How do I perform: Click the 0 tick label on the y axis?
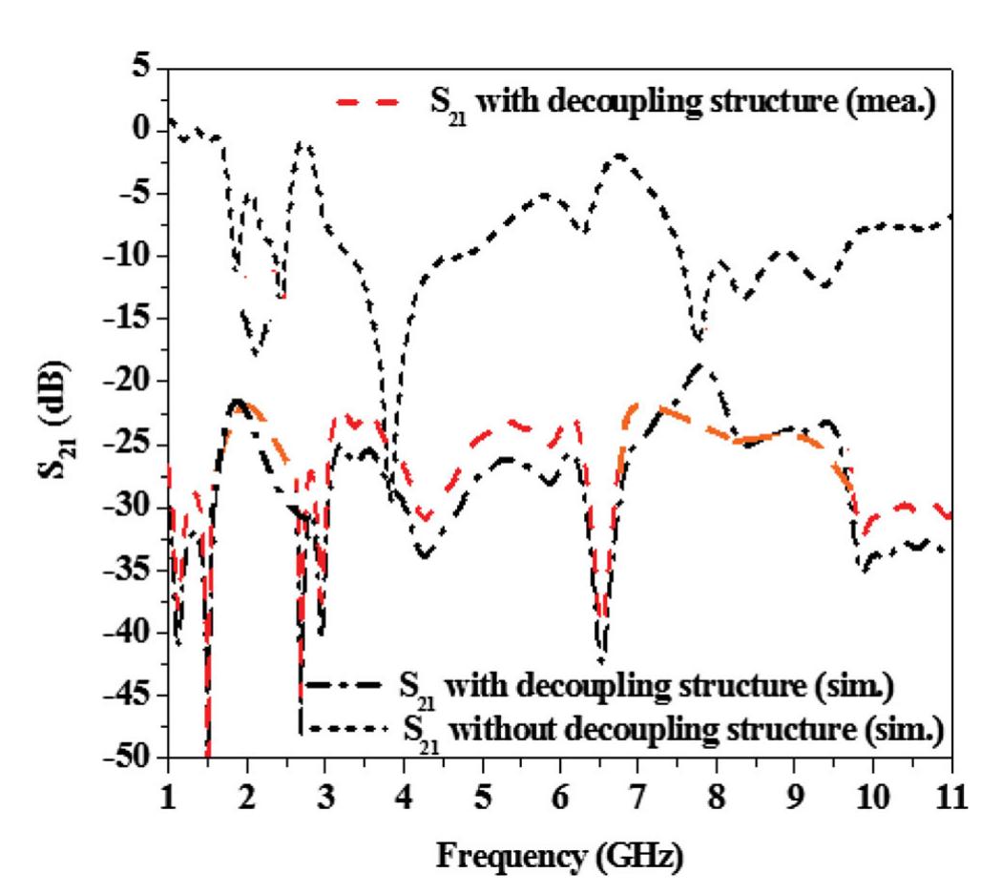[145, 130]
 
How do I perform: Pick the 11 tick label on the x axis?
[951, 794]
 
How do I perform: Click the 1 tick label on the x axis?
[168, 794]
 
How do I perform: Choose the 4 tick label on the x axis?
[405, 794]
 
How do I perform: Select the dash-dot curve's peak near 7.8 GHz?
[701, 364]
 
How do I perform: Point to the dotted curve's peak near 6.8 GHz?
[620, 156]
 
